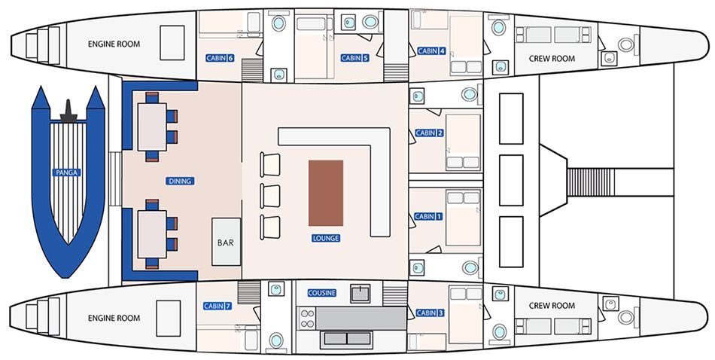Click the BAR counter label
coord(226,243)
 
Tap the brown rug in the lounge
coord(326,193)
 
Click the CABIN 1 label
coord(428,217)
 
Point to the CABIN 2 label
coord(429,133)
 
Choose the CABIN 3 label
coord(430,313)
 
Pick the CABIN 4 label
coord(431,51)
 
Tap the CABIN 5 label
coord(354,58)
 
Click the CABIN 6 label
coord(220,59)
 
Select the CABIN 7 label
coord(217,307)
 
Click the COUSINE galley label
coord(322,293)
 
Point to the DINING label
coord(180,182)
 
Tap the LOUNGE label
coord(326,238)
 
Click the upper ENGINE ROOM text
coord(114,44)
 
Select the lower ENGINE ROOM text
coord(114,318)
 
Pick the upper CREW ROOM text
coord(552,59)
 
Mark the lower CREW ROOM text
coord(552,306)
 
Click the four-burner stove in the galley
coord(308,319)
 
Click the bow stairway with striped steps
coord(589,182)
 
